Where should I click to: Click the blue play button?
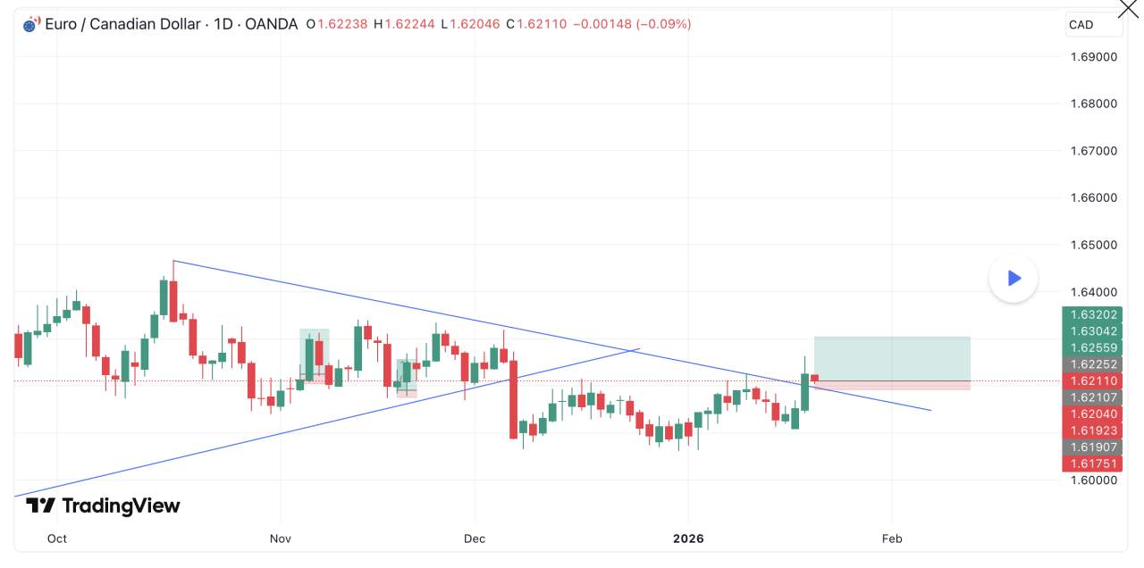pos(1014,279)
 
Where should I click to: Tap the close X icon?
pos(1129,9)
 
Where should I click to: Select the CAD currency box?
pos(1094,25)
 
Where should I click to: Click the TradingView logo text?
pos(103,506)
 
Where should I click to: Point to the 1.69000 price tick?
pos(1094,57)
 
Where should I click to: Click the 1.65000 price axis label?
pos(1094,245)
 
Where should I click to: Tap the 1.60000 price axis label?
pos(1094,480)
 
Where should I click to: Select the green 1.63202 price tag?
pos(1092,314)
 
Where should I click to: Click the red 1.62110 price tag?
pos(1092,381)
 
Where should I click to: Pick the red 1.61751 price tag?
pos(1092,464)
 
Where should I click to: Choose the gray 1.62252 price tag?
pos(1092,364)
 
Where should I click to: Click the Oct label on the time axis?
pos(57,539)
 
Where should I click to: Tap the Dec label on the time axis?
pos(475,539)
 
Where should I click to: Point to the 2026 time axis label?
pos(688,539)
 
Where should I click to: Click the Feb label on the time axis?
pos(891,539)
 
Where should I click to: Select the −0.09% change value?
pos(663,24)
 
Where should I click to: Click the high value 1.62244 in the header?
pos(410,24)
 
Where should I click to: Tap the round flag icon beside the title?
pos(30,24)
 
